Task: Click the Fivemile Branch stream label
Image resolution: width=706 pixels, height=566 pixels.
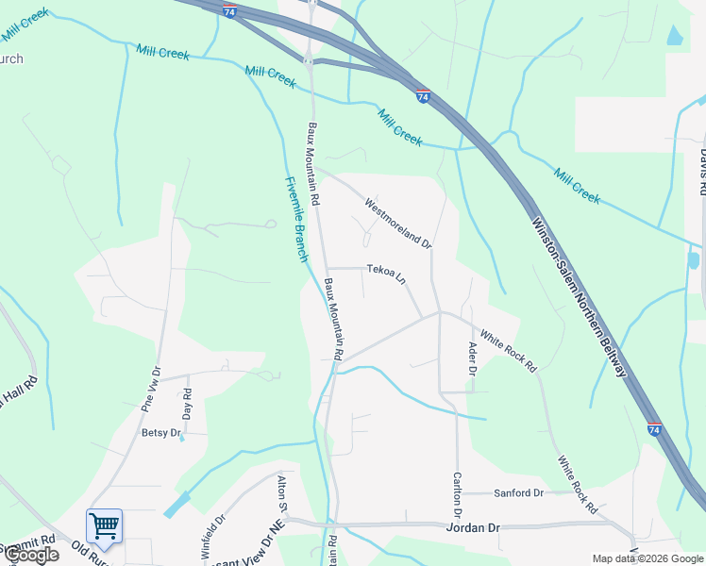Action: (296, 220)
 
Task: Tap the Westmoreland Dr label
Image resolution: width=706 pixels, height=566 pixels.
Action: (397, 223)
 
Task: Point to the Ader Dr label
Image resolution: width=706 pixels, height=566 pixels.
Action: (473, 359)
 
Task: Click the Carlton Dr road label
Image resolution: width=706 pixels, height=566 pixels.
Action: (457, 495)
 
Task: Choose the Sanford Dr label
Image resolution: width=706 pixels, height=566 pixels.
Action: (519, 493)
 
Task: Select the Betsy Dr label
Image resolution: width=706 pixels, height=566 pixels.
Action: (160, 432)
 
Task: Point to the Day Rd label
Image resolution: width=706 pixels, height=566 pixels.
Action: (187, 404)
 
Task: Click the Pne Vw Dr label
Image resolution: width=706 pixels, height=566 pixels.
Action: (151, 387)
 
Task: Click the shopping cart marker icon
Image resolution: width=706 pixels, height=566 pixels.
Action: (103, 524)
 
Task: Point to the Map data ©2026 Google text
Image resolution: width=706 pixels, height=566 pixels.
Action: (647, 558)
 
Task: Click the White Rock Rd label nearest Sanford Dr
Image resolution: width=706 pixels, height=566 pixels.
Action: (577, 485)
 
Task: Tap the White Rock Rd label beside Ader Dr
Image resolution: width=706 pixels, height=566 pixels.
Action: (508, 349)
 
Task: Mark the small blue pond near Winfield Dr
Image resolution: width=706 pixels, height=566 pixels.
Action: (176, 505)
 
